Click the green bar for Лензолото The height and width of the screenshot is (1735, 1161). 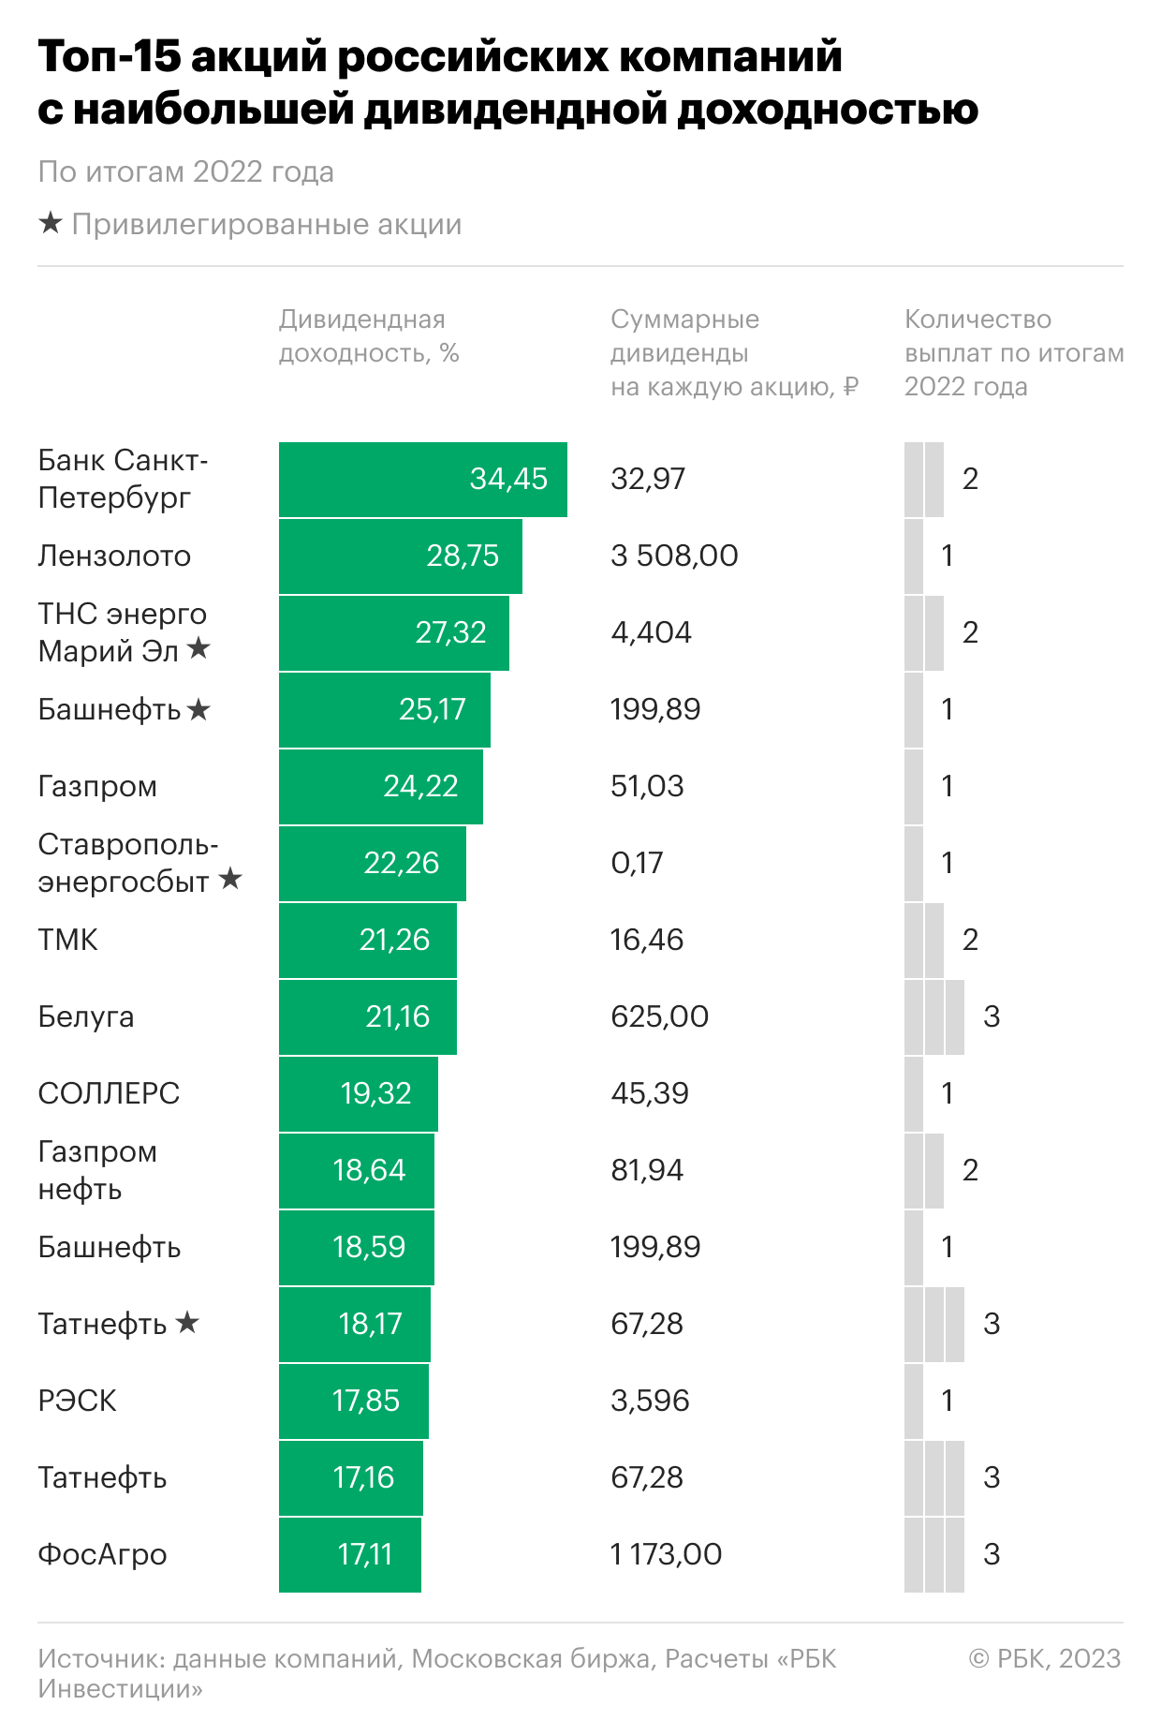click(400, 556)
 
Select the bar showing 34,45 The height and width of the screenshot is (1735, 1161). click(422, 479)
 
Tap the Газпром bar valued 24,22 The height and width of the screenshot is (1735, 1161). click(380, 786)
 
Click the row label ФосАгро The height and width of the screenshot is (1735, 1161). click(102, 1554)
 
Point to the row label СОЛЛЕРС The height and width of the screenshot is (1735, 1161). click(109, 1093)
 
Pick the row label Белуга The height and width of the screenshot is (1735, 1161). click(85, 1016)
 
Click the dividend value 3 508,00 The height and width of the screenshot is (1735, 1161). click(674, 556)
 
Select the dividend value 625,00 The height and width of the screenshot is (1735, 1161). click(659, 1016)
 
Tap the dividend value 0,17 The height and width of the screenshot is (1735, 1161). click(637, 863)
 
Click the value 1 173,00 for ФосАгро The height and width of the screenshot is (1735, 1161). click(666, 1554)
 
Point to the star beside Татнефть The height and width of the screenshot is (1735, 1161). click(187, 1323)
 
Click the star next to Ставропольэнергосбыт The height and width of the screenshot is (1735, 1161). click(230, 879)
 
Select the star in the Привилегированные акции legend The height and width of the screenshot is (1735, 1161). click(51, 224)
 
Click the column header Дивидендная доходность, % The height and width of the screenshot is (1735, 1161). click(368, 336)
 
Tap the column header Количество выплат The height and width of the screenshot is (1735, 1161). click(1013, 353)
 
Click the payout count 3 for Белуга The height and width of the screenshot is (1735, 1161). click(992, 1016)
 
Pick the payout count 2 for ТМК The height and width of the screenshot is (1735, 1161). click(970, 940)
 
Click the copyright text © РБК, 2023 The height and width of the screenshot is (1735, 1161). click(1044, 1658)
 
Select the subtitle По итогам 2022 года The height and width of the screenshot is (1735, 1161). click(185, 172)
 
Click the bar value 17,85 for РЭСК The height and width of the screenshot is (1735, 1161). click(365, 1401)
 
